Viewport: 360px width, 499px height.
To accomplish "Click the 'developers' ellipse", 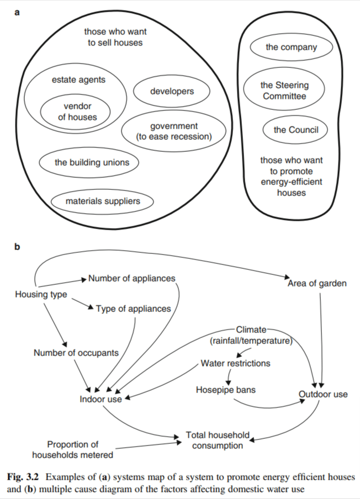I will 172,91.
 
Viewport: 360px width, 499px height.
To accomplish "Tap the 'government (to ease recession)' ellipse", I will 174,131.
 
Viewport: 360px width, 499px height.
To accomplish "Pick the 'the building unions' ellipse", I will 88,162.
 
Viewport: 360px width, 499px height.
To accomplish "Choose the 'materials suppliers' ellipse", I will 103,201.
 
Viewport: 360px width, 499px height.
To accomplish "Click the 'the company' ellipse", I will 292,47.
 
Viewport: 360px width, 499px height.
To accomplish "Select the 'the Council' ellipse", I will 295,130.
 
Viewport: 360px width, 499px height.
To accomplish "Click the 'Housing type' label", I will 41,295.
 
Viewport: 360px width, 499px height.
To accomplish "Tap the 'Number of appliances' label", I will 131,278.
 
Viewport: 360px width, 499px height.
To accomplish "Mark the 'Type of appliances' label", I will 133,309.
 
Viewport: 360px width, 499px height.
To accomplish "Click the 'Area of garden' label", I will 317,283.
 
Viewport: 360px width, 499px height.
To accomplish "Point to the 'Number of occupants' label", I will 76,353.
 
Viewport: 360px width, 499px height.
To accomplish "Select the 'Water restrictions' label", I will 235,363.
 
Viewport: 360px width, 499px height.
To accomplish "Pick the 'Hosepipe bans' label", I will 225,390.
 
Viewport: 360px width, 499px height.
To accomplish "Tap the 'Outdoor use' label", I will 323,394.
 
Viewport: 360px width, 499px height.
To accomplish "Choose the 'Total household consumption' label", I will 218,440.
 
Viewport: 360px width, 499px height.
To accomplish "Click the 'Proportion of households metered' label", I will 72,449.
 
